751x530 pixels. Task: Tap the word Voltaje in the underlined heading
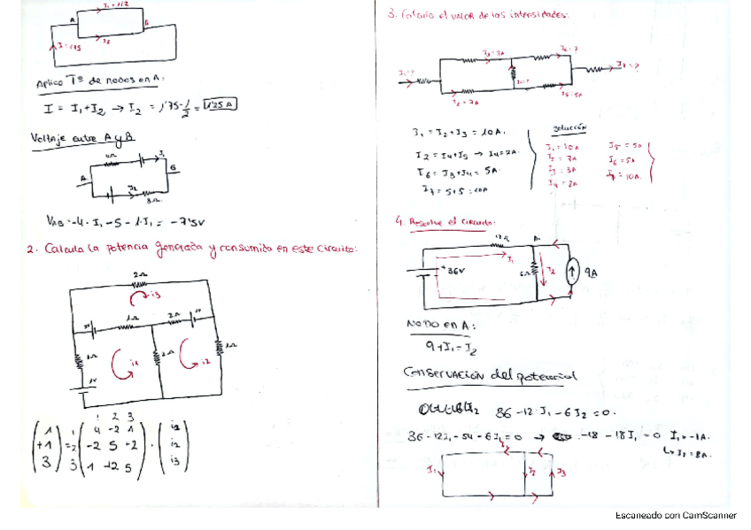pyautogui.click(x=50, y=138)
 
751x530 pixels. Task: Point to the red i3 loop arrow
pyautogui.click(x=154, y=293)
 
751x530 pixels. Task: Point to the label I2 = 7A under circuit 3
pyautogui.click(x=470, y=104)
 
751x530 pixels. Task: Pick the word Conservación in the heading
pyautogui.click(x=445, y=375)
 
